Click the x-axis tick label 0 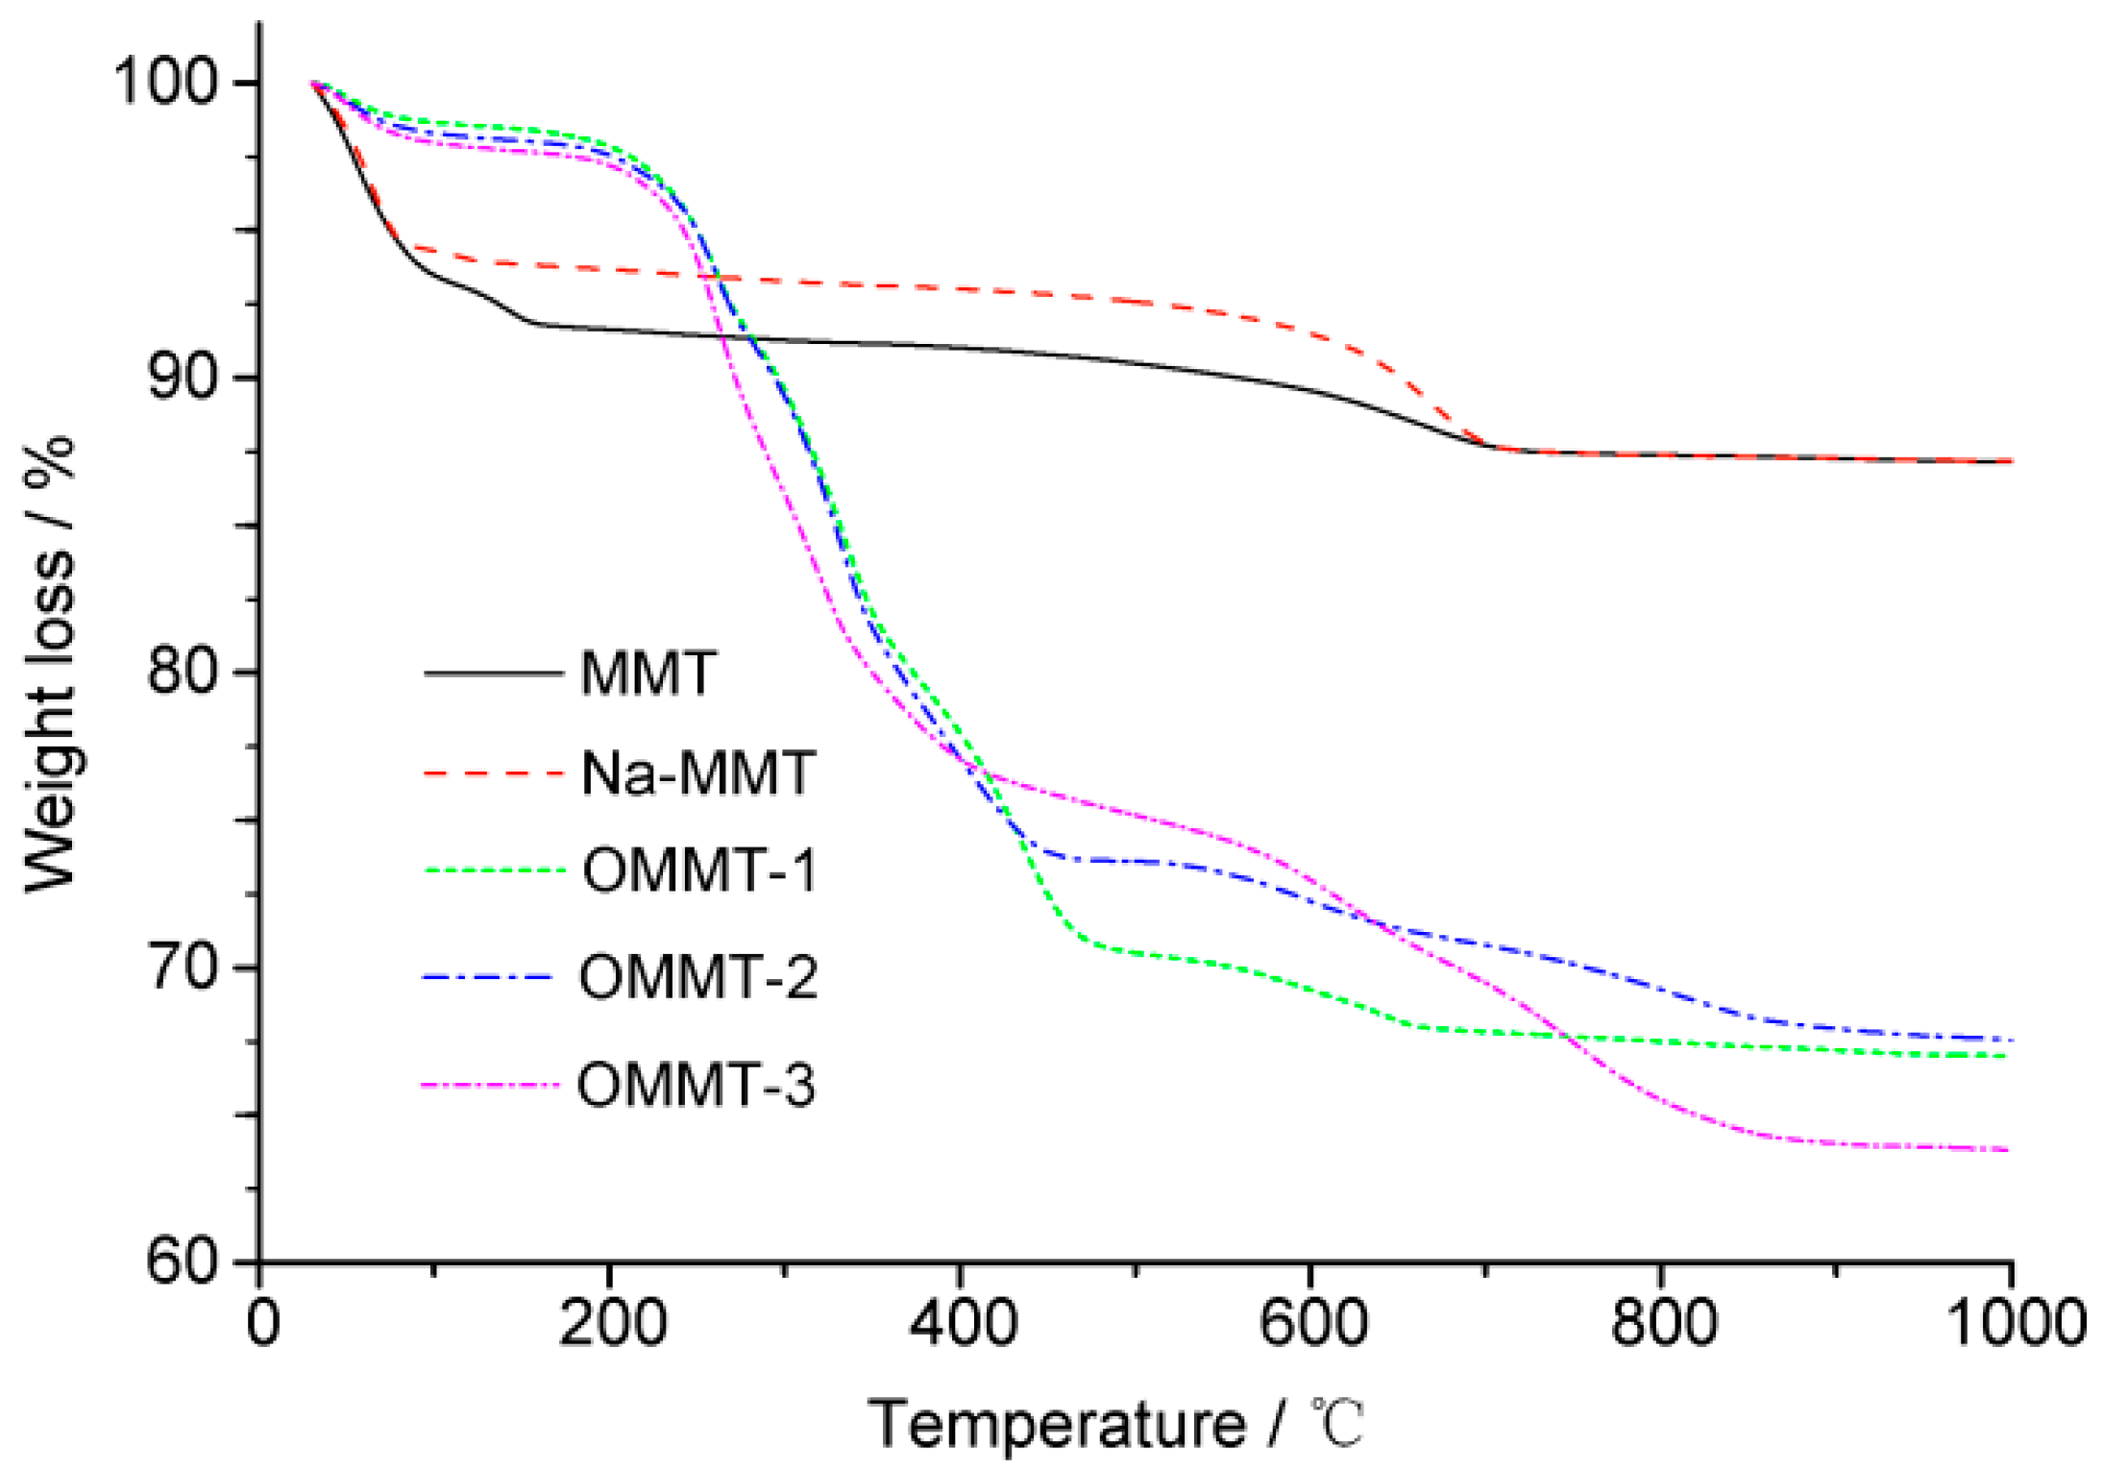click(x=262, y=1324)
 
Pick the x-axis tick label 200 click(x=612, y=1324)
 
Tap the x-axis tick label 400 click(x=962, y=1324)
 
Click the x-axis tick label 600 click(x=1312, y=1324)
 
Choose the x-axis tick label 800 click(x=1663, y=1324)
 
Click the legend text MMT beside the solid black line click(x=648, y=674)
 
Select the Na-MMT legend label click(x=698, y=772)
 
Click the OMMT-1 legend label click(x=699, y=870)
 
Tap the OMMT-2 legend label click(x=697, y=978)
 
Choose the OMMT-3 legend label click(x=696, y=1086)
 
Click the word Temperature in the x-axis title click(x=1057, y=1425)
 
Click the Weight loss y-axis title click(x=50, y=663)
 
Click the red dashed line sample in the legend click(x=493, y=772)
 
